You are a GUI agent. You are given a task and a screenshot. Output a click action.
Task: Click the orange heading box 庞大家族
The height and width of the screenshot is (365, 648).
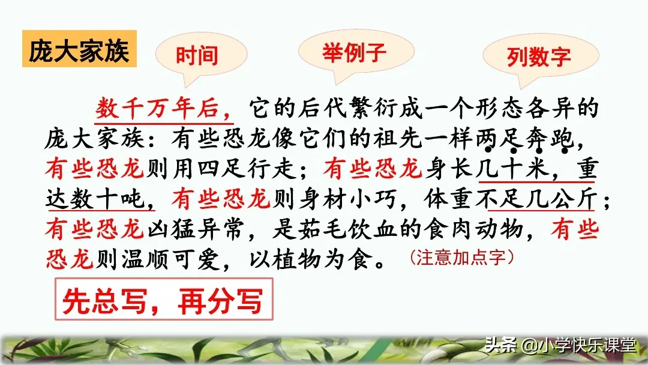click(78, 51)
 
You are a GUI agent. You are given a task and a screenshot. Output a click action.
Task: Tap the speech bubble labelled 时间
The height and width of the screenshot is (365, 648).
click(196, 56)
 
